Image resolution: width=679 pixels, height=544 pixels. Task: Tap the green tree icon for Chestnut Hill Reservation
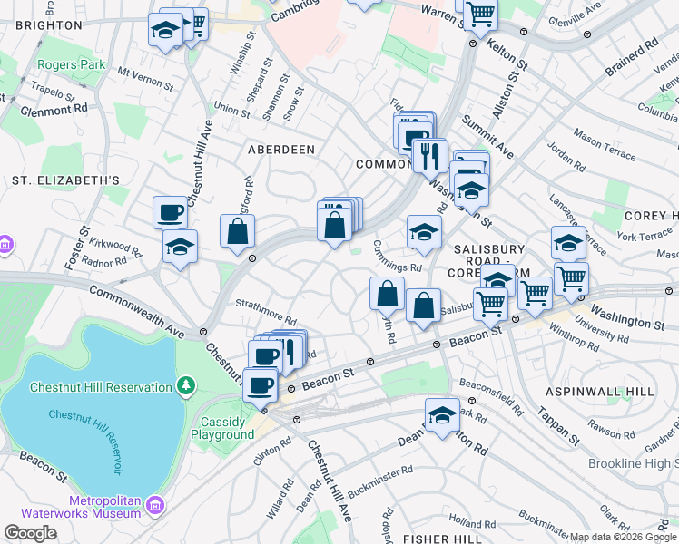click(187, 387)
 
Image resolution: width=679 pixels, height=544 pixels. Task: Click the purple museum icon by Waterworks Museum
click(154, 504)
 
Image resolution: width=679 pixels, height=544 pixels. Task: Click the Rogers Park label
click(72, 65)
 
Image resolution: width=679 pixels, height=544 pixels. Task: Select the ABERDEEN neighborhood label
click(282, 149)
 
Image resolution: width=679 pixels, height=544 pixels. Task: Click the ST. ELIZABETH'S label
click(65, 180)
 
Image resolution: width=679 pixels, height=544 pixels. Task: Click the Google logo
click(29, 533)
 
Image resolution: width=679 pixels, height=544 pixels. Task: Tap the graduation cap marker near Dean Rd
click(442, 416)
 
